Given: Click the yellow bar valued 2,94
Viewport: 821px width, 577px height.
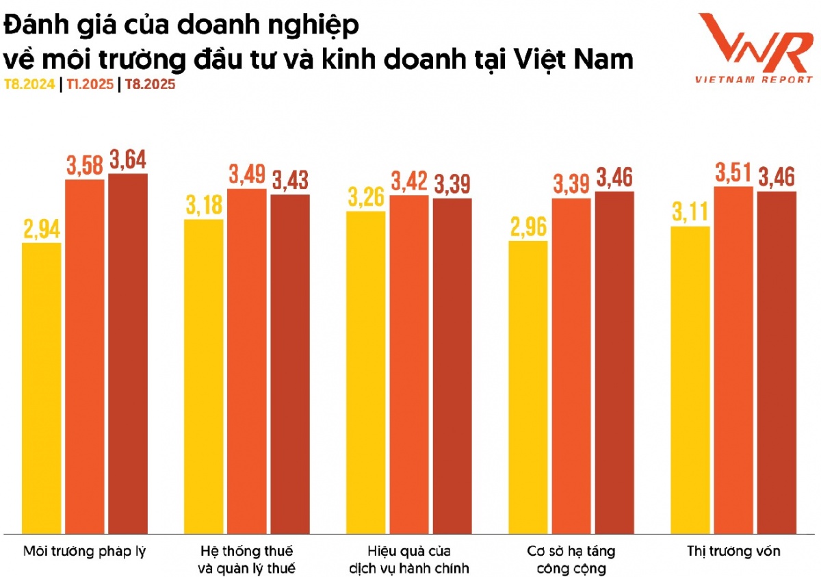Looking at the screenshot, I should click(x=42, y=387).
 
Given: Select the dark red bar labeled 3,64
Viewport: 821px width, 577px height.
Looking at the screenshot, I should click(x=128, y=353).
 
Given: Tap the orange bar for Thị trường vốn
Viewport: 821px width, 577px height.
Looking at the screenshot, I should click(x=733, y=359).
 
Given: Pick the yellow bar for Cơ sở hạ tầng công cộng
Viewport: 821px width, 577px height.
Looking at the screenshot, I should click(x=527, y=387).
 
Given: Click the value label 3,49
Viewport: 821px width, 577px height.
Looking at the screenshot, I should click(x=247, y=175).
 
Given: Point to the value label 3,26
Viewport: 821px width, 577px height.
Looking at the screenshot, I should click(x=366, y=198).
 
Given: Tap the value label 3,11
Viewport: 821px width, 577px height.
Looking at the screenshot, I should click(x=690, y=213).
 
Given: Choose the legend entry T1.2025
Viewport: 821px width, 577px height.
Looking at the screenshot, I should click(x=88, y=85).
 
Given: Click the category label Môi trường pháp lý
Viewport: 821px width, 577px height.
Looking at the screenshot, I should click(x=85, y=551).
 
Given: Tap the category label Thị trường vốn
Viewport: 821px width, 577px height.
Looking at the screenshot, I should click(x=733, y=551).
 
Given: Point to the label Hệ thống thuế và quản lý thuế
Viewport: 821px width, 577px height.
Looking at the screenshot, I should click(x=247, y=559).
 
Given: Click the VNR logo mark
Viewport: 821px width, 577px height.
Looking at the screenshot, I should click(x=753, y=44).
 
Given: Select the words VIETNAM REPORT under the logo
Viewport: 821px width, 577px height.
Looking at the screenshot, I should click(x=753, y=79).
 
